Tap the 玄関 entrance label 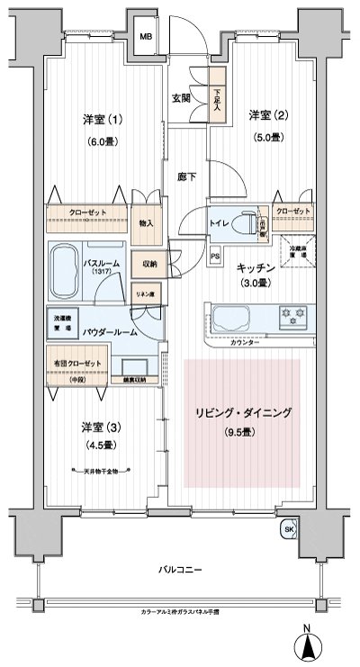click(x=181, y=99)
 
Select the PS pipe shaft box click(x=215, y=257)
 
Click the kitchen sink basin click(x=238, y=318)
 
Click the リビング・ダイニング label click(x=243, y=413)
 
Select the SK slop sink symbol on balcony click(x=288, y=530)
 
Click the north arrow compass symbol click(x=307, y=647)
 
